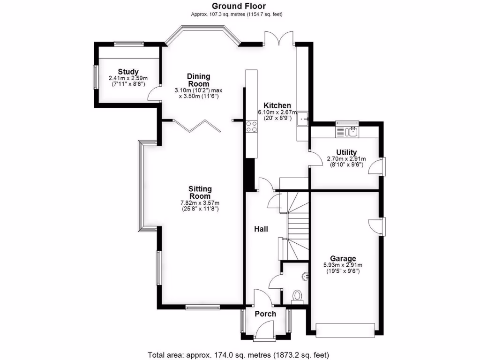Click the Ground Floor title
239,6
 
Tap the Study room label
128,71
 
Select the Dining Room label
199,80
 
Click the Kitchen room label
277,105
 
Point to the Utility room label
346,152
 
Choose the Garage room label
343,258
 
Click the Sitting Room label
199,192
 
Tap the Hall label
261,229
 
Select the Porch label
265,314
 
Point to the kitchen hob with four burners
251,126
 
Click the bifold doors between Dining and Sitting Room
197,126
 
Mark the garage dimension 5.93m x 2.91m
343,265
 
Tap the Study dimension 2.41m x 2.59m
128,78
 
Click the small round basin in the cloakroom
306,277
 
